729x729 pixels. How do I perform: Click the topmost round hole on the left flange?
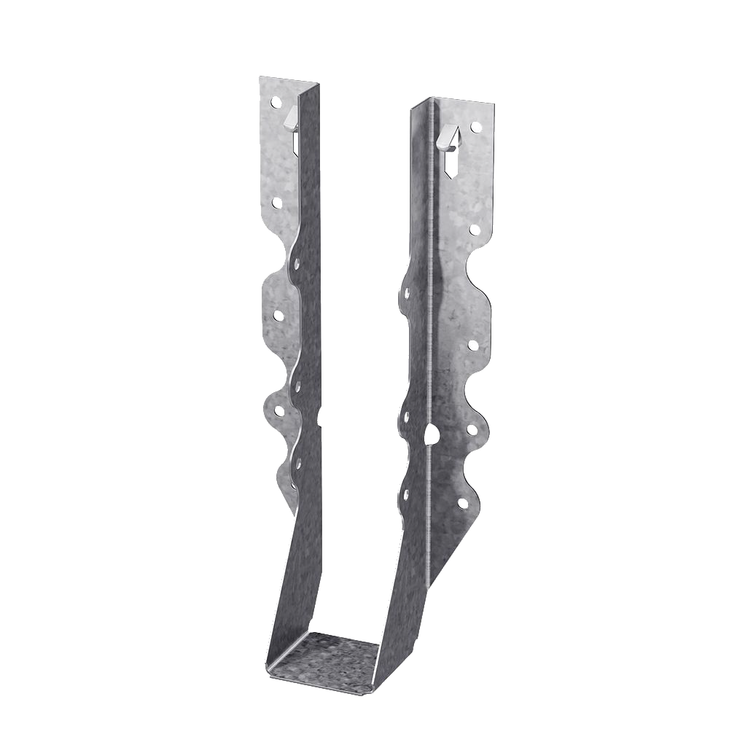[x=276, y=103]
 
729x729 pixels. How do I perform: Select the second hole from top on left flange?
[x=277, y=203]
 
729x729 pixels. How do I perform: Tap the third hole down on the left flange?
[x=278, y=316]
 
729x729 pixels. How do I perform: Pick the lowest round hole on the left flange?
[x=278, y=411]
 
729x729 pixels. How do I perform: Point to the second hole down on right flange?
[x=475, y=230]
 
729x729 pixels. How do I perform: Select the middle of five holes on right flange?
[x=472, y=345]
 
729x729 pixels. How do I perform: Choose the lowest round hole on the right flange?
[x=462, y=503]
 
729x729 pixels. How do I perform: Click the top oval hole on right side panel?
[x=405, y=294]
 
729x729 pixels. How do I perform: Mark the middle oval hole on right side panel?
[x=404, y=418]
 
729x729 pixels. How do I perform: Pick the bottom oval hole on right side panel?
[x=406, y=494]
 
